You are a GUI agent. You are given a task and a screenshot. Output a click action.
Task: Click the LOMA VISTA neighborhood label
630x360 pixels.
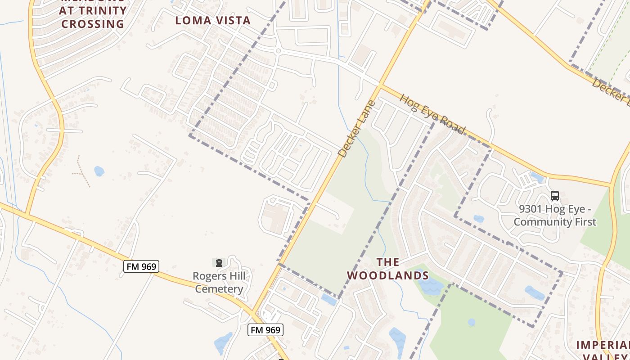tap(213, 20)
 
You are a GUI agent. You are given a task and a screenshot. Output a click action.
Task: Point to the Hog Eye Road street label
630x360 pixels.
tap(432, 114)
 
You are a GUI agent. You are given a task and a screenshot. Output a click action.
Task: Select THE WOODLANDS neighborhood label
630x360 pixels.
tap(387, 269)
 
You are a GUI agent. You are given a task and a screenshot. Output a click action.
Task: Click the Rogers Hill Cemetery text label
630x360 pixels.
tap(219, 282)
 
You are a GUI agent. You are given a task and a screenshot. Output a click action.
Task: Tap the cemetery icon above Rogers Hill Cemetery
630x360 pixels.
tap(219, 262)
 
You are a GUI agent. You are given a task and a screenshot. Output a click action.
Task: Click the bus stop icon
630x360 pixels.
tap(555, 196)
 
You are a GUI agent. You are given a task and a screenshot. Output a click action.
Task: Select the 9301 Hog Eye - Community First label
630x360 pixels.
tap(555, 216)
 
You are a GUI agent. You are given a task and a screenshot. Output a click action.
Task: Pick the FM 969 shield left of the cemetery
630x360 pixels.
tap(141, 266)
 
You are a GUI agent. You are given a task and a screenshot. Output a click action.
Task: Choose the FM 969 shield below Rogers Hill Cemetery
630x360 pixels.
tap(265, 330)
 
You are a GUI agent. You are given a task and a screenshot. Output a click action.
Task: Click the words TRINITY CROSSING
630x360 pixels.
tap(93, 17)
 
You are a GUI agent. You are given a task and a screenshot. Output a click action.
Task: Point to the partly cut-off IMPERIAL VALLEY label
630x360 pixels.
tap(603, 351)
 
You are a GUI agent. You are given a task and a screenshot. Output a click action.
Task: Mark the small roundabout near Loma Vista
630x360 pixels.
tap(278, 51)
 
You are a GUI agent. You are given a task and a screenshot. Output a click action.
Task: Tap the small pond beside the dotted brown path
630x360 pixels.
tap(99, 171)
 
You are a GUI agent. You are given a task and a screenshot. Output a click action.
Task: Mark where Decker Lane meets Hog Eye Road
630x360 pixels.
tap(381, 84)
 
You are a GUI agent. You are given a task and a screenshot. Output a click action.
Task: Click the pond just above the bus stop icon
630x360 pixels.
tap(536, 177)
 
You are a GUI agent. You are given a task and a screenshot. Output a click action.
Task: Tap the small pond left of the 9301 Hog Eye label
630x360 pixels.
tap(479, 219)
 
